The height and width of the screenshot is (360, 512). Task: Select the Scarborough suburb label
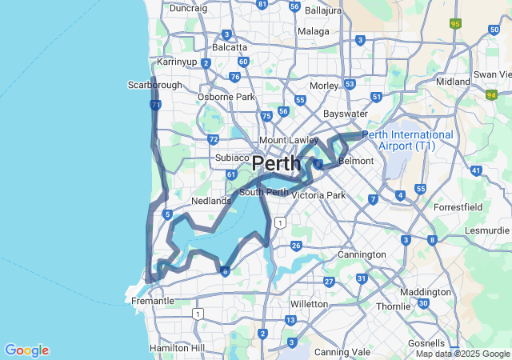tap(155, 85)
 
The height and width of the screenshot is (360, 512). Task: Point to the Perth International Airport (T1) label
tap(407, 140)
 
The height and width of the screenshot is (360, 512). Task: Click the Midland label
tap(453, 82)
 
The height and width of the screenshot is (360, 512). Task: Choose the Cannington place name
tap(362, 254)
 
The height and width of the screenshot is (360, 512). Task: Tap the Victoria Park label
tap(318, 194)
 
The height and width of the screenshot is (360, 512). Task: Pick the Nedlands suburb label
tap(211, 201)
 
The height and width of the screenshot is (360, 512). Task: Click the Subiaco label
tap(233, 158)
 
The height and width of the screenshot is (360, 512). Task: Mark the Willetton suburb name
tap(310, 304)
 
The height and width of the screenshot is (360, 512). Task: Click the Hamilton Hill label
tap(177, 348)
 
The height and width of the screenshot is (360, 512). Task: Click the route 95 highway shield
tap(456, 24)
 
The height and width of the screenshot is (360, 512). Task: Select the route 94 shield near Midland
tap(491, 94)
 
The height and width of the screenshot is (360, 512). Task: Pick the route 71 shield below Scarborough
tap(155, 105)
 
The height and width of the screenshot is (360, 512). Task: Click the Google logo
tap(26, 350)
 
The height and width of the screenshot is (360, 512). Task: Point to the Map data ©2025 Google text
tap(462, 354)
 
